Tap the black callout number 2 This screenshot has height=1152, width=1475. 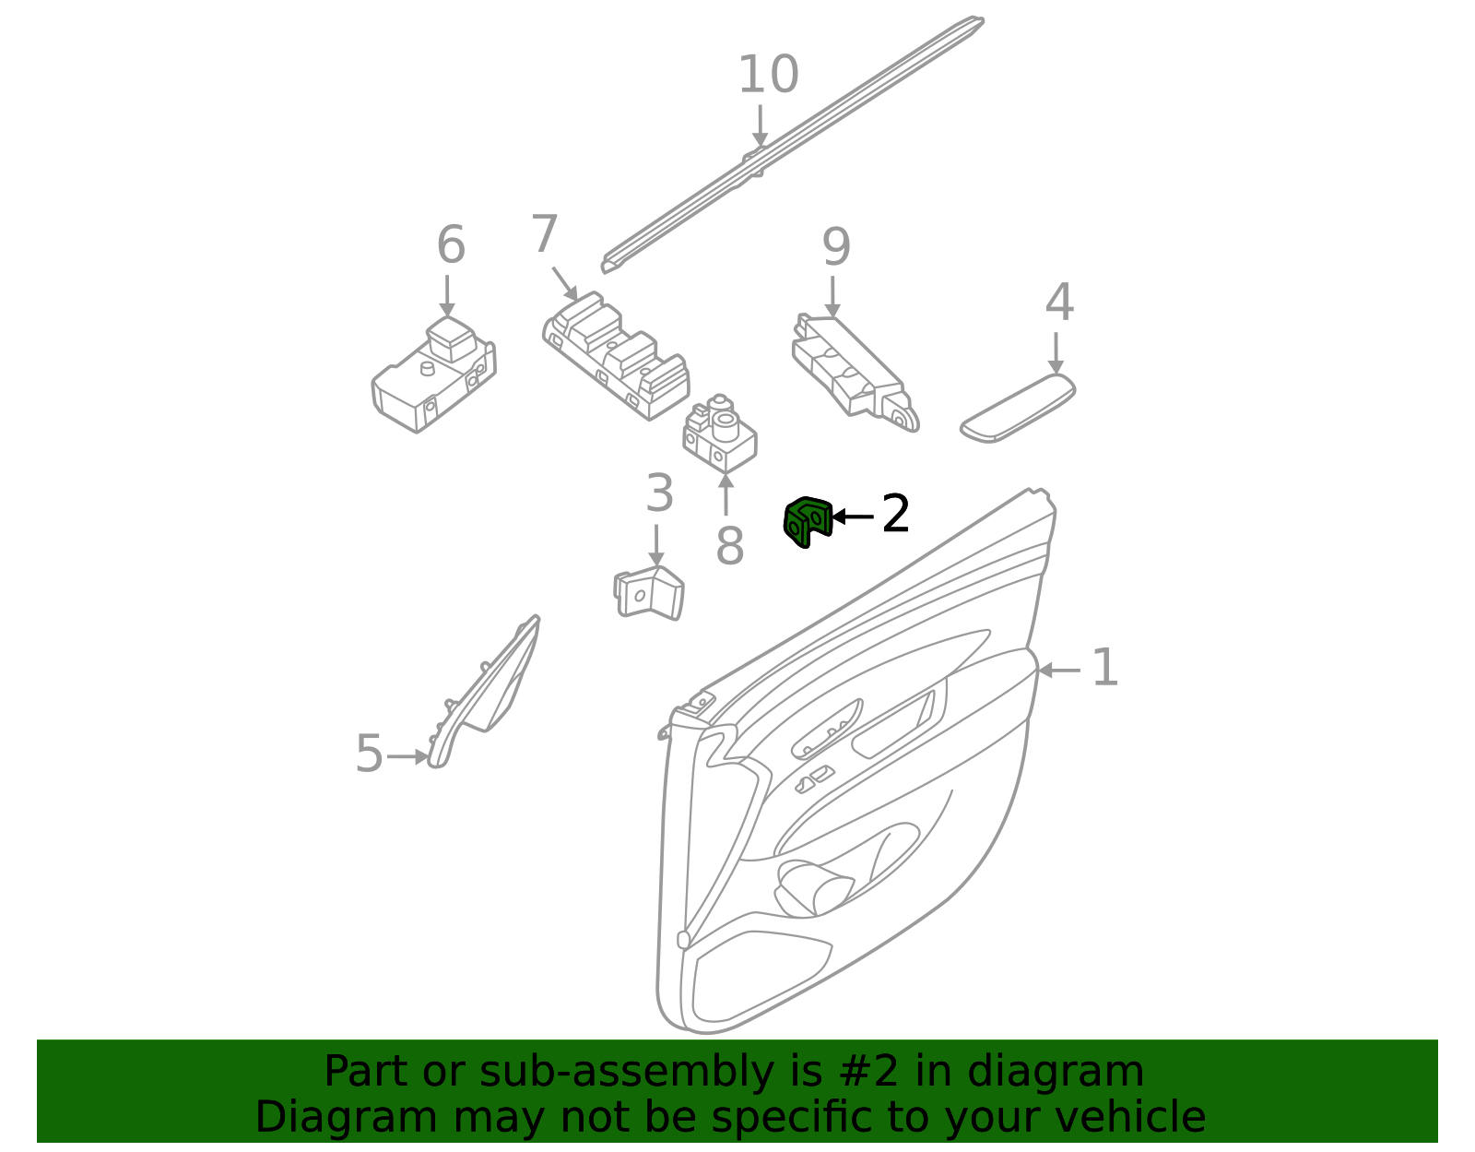coord(895,514)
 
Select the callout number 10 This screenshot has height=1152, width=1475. coord(768,75)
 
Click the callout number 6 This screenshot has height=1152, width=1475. coord(450,245)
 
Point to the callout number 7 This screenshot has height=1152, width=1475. coord(545,234)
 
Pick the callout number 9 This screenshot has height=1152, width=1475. coord(835,247)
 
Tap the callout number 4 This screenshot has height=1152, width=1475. coord(1059,303)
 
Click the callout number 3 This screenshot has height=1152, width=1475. coord(659,493)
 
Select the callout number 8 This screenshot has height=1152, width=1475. coord(729,546)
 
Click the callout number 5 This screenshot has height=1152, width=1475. coord(369,754)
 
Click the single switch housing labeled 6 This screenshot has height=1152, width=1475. coord(433,378)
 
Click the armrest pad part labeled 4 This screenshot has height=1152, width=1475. coord(1018,408)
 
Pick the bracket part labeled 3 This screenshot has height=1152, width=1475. coord(651,592)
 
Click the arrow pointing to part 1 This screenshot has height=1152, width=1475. coord(1060,671)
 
